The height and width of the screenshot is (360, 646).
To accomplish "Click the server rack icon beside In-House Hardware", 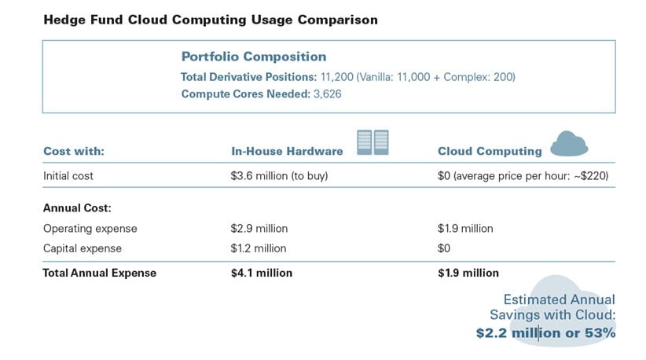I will tap(373, 142).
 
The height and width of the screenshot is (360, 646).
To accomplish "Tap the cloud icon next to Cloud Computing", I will tap(570, 144).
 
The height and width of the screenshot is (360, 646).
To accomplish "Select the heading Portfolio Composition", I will tap(254, 57).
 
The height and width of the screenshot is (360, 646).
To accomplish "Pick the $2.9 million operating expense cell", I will tap(255, 229).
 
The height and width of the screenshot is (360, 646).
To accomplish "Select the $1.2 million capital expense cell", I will tap(254, 248).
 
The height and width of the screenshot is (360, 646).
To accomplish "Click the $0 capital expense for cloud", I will tap(444, 248).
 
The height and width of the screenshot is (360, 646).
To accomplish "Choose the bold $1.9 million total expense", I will tap(468, 274).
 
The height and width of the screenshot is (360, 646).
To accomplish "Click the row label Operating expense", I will tap(90, 229).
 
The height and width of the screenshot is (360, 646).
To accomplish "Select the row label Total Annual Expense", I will tap(100, 274).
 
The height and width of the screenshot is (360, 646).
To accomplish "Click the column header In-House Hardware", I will tap(286, 151).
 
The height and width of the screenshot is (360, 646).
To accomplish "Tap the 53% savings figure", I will tap(599, 333).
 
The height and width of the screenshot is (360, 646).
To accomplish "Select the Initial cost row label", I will tap(68, 176).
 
